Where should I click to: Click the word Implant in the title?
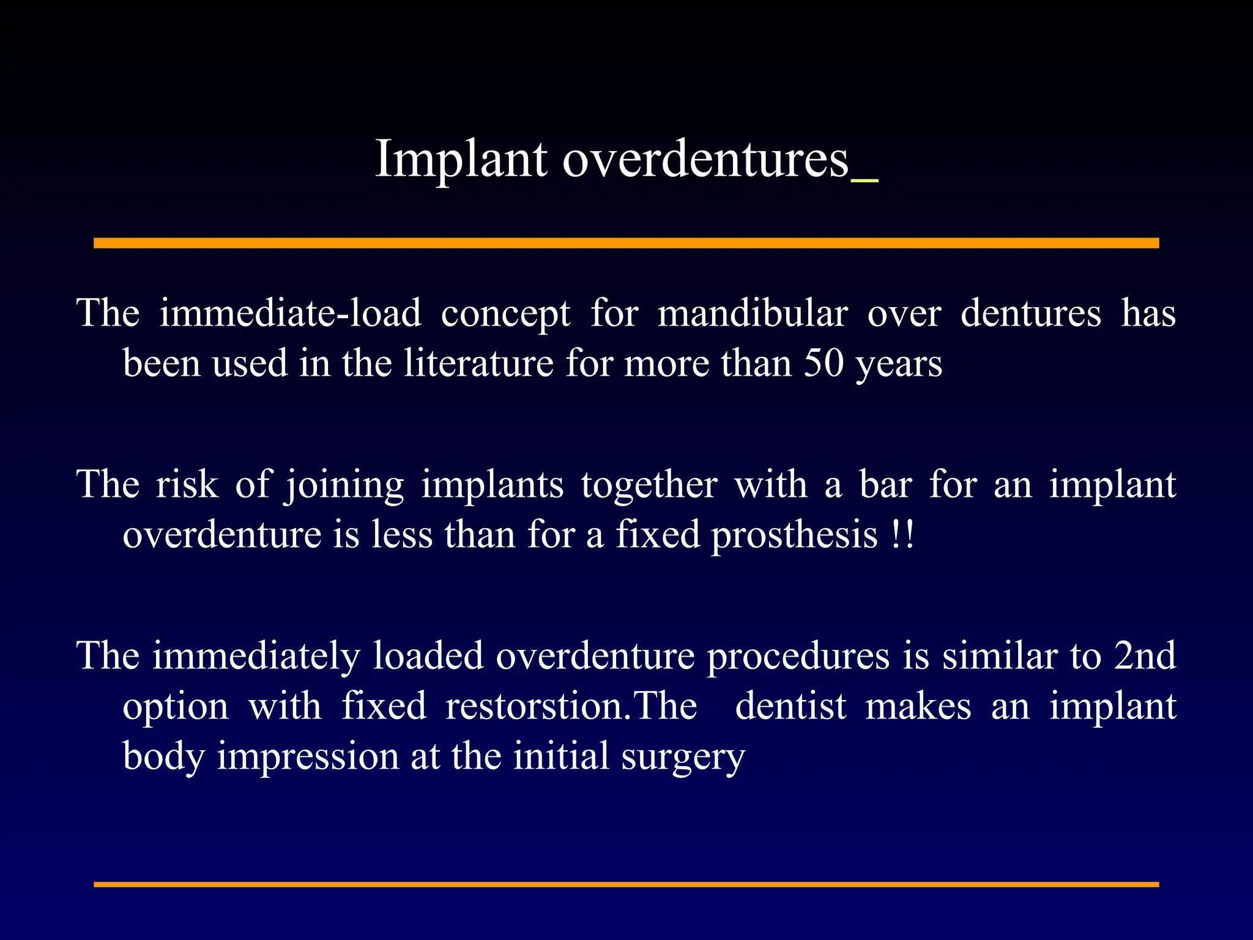point(461,159)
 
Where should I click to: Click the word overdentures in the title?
point(705,159)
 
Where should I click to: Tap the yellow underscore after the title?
point(864,180)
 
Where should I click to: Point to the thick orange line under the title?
point(626,243)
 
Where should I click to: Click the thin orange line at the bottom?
point(626,884)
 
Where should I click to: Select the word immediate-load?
point(291,313)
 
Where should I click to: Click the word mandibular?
point(753,313)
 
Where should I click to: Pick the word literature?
point(478,364)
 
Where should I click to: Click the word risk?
point(187,485)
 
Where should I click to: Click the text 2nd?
point(1145,656)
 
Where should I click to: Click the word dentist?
point(790,706)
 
